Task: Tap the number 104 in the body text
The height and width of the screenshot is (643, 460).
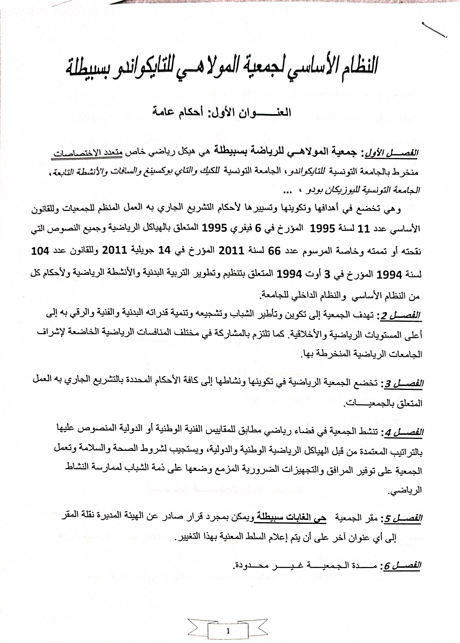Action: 40,251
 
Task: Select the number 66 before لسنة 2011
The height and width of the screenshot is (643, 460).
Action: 274,251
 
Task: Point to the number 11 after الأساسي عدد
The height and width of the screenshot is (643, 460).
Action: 364,228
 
